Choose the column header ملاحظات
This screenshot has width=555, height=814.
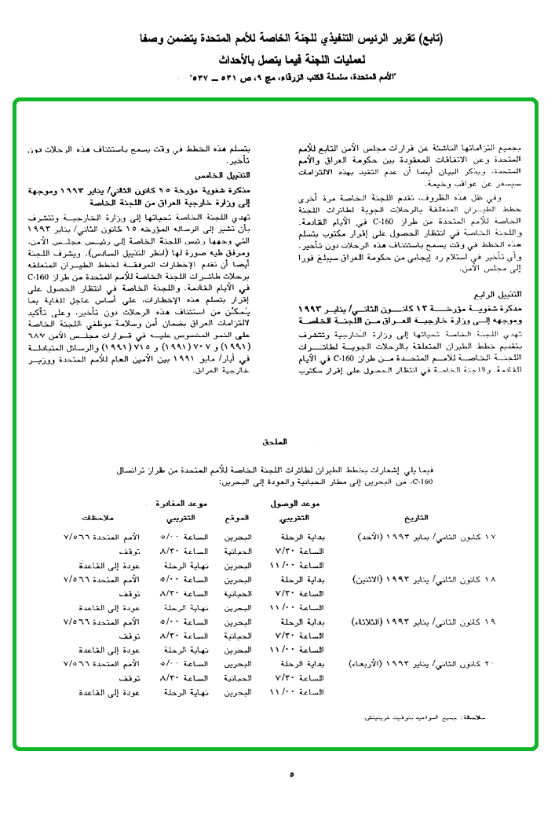click(x=100, y=518)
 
